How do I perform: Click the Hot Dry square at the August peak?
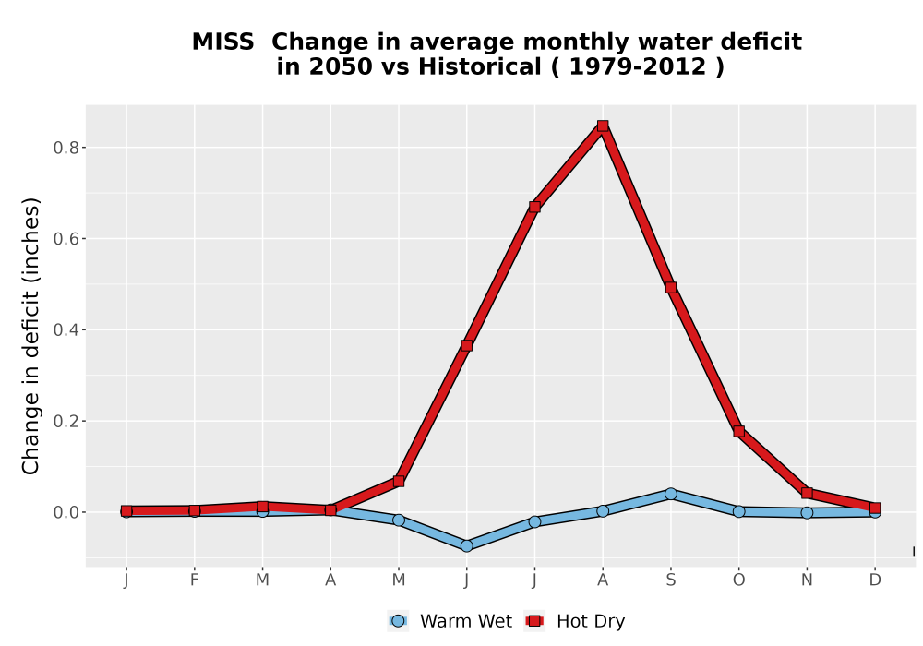click(x=602, y=126)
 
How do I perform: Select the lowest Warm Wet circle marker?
click(x=466, y=546)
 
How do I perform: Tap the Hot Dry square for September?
click(x=670, y=288)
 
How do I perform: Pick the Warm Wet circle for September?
click(x=670, y=494)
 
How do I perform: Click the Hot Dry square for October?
click(x=738, y=431)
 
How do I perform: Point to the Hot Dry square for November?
click(x=807, y=493)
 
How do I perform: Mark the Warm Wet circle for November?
click(x=807, y=513)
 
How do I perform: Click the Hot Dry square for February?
click(x=194, y=510)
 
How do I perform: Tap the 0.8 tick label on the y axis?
click(x=66, y=147)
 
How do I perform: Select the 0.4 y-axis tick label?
click(x=66, y=329)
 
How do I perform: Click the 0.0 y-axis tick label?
click(x=66, y=512)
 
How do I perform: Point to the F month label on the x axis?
click(x=194, y=580)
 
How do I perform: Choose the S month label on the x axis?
click(x=670, y=580)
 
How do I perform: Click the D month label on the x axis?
click(x=875, y=580)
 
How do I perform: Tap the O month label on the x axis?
click(x=738, y=580)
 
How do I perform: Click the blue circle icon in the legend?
click(x=398, y=621)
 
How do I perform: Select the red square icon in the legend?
click(x=534, y=621)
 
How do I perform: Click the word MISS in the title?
click(x=223, y=42)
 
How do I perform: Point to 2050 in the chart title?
click(x=341, y=67)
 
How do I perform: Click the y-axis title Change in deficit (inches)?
click(x=30, y=336)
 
